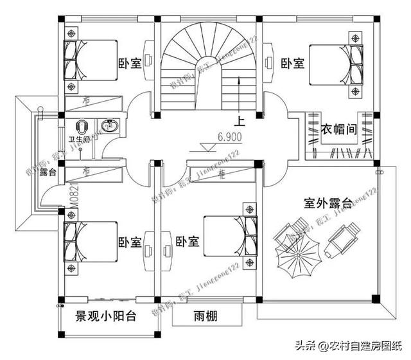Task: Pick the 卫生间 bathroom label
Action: click(x=82, y=138)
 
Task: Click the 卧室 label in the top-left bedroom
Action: click(x=130, y=64)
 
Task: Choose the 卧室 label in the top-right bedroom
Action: click(x=293, y=64)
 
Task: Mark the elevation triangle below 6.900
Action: click(x=207, y=147)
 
